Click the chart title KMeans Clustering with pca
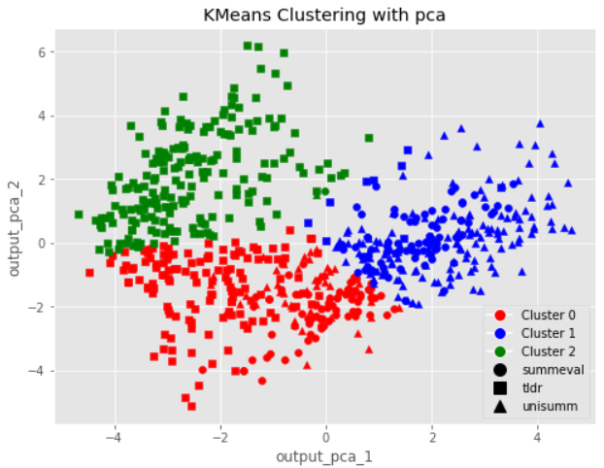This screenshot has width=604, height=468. (x=316, y=16)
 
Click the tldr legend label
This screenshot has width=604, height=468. (x=533, y=386)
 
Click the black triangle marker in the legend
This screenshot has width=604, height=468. (x=499, y=405)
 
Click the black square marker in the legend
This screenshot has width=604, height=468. (x=499, y=386)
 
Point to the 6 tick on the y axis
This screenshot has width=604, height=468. (x=44, y=51)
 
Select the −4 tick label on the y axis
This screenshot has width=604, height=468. (x=40, y=371)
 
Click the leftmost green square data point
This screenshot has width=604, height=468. (x=79, y=215)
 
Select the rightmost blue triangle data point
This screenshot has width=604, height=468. (x=572, y=231)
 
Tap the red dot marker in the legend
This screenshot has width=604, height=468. (x=499, y=316)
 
